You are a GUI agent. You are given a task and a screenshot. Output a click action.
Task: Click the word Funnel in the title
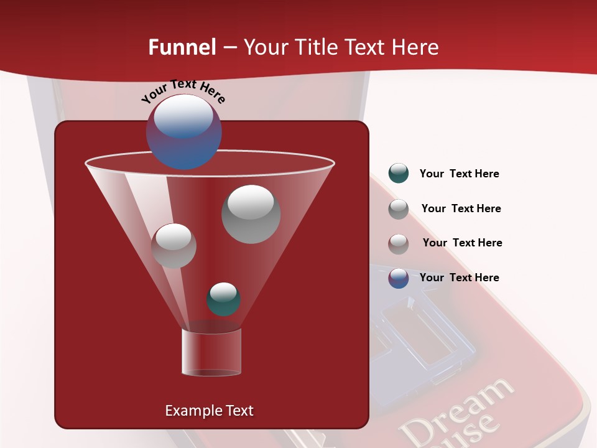[182, 47]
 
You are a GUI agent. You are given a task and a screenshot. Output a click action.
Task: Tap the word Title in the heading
[317, 47]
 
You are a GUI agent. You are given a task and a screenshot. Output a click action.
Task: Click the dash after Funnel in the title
[229, 47]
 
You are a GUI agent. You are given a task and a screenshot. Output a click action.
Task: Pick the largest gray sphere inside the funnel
[251, 214]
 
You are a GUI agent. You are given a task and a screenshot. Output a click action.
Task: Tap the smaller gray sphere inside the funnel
[174, 246]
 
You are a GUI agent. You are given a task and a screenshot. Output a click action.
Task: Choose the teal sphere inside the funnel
[223, 299]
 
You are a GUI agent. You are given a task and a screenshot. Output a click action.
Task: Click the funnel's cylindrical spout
[211, 352]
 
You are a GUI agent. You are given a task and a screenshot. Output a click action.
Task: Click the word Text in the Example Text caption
[238, 411]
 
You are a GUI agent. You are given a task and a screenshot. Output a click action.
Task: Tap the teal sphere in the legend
[398, 174]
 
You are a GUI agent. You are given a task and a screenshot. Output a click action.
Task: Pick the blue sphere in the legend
[398, 278]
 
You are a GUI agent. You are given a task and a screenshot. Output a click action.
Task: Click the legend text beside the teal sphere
[459, 174]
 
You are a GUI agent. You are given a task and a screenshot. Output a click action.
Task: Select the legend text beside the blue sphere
[459, 278]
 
